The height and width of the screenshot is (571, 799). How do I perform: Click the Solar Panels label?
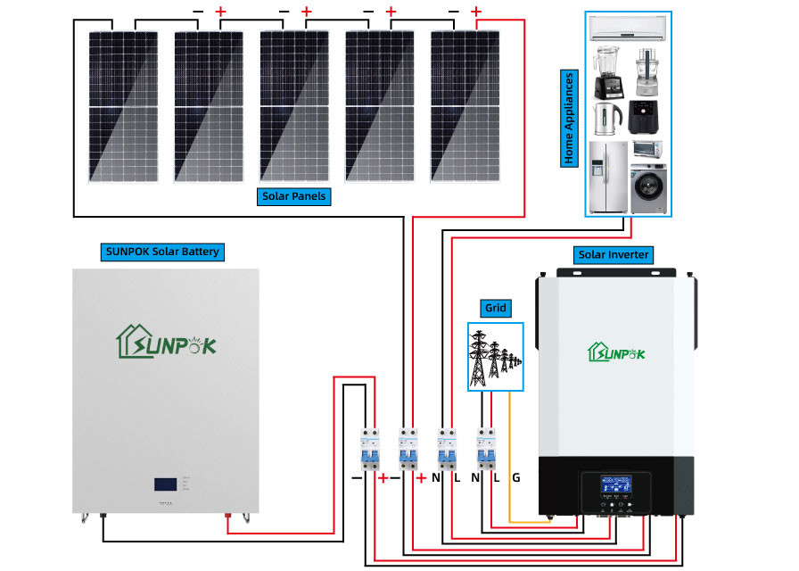[x=293, y=196]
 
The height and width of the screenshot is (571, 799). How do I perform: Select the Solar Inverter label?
[x=614, y=255]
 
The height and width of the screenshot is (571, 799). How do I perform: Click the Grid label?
[x=495, y=308]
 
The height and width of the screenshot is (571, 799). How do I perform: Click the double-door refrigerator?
[x=608, y=177]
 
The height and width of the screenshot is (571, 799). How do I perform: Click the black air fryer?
[x=646, y=117]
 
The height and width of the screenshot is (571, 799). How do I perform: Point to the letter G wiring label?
[x=516, y=478]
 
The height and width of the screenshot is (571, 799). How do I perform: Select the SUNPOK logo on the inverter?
[x=614, y=351]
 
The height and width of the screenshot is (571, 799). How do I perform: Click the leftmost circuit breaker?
[x=367, y=450]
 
